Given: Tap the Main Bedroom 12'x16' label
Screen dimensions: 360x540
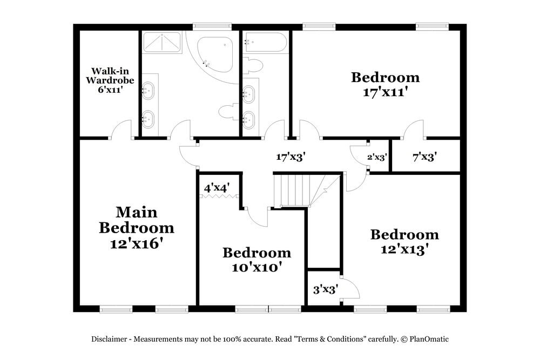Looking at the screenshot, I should (136, 227).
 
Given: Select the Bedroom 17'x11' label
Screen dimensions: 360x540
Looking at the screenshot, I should (384, 84).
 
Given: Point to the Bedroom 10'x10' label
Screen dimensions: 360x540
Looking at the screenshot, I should (256, 260).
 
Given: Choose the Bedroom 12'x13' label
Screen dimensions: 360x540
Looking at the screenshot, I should (404, 242).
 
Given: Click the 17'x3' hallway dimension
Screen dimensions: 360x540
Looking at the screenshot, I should (291, 157).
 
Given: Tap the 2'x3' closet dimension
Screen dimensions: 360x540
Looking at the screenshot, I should (377, 158).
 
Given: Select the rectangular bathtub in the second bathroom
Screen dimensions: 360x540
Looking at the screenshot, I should (265, 43).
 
